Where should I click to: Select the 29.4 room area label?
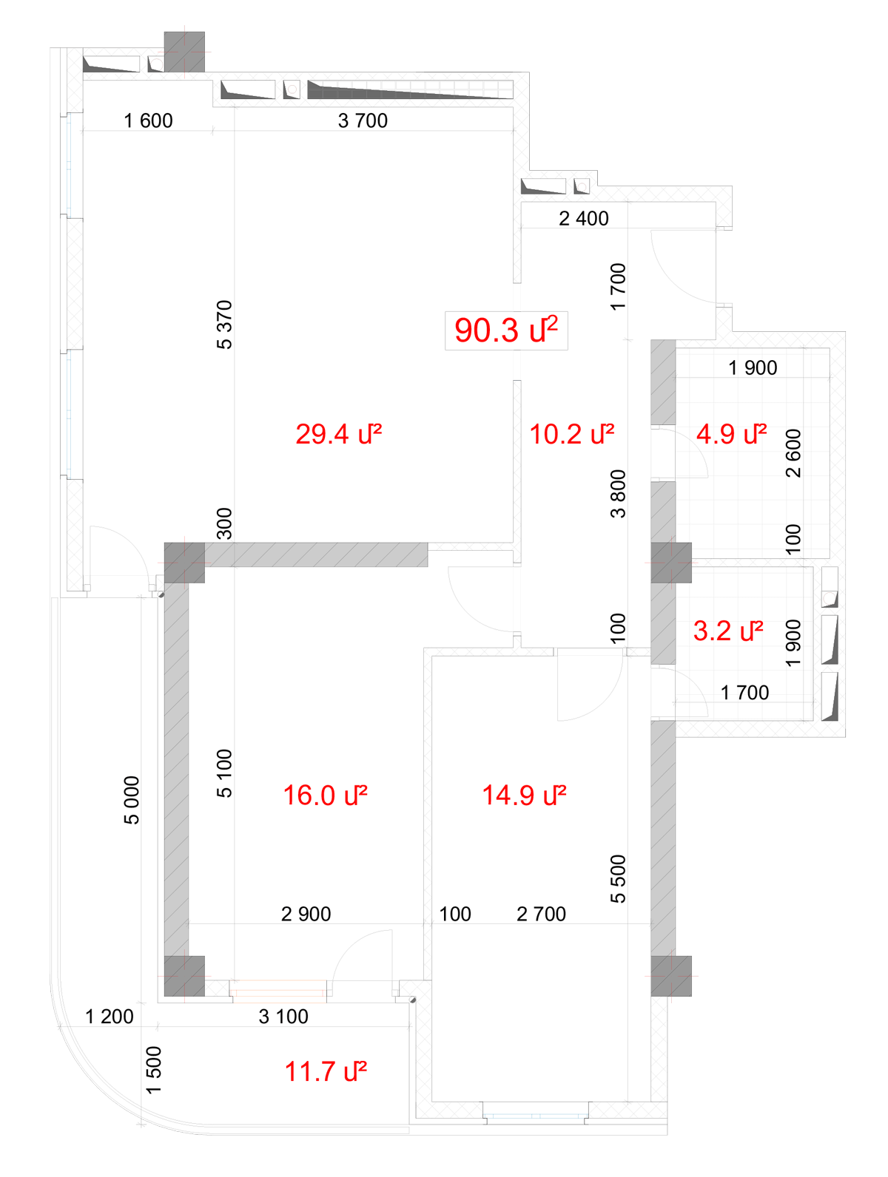coord(338,434)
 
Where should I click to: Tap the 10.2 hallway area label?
coord(571,434)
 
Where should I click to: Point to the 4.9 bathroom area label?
coord(731,434)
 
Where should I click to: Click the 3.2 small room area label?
coord(728,631)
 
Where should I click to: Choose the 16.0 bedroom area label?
coord(325,796)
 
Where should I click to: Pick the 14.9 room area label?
coord(524,796)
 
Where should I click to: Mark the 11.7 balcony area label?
coord(326,1072)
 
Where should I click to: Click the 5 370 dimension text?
coord(224,325)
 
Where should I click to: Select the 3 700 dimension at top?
coord(363,121)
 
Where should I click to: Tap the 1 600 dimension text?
coord(148,121)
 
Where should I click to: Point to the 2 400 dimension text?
coord(584,219)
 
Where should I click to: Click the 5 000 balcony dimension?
coord(132,799)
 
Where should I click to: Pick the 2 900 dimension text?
coord(306,915)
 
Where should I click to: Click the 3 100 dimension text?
coord(283,1017)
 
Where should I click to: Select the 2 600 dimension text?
coord(793,453)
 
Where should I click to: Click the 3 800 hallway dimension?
coord(618,494)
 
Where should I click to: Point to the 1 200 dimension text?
coord(110,1017)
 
